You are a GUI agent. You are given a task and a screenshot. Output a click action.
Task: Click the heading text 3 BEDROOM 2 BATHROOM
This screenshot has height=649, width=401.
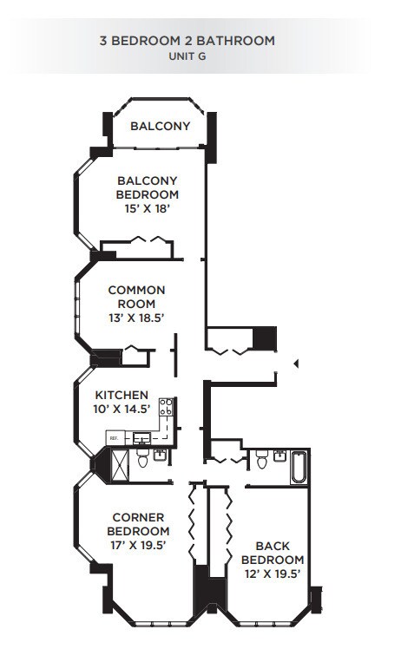200,40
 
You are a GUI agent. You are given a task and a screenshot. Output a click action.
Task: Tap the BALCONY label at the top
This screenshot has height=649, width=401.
161,127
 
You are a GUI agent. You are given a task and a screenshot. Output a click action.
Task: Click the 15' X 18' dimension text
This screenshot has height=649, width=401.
148,210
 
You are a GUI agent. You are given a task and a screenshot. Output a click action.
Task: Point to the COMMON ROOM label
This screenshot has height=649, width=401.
137,297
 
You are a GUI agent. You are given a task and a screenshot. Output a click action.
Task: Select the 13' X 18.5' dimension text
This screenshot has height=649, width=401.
137,318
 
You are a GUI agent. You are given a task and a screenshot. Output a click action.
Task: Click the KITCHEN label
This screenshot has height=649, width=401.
122,395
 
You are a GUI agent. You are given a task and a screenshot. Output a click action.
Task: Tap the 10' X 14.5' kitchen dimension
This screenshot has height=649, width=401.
122,409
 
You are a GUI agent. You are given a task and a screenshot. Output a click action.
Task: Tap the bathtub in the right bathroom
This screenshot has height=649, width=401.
297,468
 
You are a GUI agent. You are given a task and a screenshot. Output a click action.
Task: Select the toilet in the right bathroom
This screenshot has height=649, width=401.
261,461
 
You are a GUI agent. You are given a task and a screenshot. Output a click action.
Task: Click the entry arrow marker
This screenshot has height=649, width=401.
296,363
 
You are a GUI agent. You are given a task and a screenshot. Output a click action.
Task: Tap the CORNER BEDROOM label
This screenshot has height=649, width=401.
137,524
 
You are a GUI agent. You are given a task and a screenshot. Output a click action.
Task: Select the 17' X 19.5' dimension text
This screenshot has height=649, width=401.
137,546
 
